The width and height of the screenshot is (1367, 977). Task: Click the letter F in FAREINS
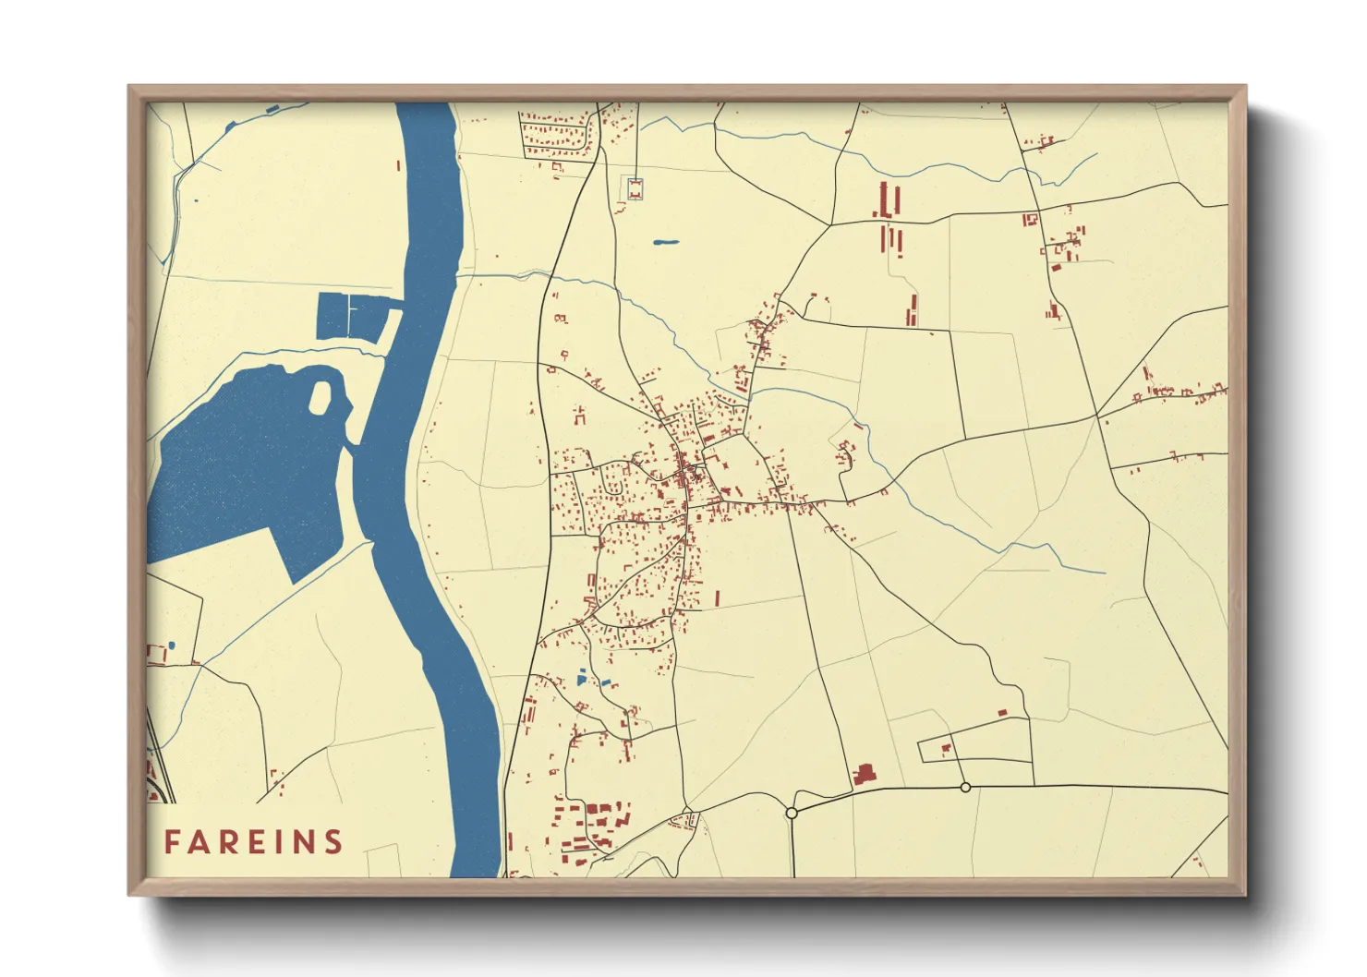click(x=172, y=842)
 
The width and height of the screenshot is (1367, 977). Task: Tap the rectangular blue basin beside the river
click(x=351, y=317)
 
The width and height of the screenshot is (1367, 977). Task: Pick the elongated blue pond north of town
click(x=665, y=243)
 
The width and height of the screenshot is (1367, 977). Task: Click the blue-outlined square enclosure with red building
click(x=635, y=188)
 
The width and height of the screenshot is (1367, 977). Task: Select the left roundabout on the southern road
click(x=792, y=813)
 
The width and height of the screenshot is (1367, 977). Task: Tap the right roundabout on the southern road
click(x=965, y=787)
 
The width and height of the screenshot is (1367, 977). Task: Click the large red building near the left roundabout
click(x=865, y=774)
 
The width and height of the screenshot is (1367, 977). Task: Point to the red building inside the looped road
click(x=946, y=749)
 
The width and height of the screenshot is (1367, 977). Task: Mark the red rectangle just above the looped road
click(x=1002, y=712)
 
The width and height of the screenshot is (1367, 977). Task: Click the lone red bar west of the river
click(x=398, y=166)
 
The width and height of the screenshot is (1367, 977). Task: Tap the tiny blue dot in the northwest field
click(x=195, y=200)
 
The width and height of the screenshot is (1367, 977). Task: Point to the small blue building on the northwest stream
click(x=272, y=110)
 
